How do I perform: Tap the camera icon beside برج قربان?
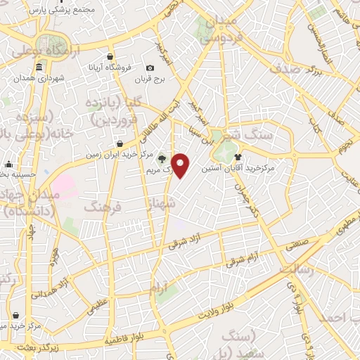[x=150, y=68]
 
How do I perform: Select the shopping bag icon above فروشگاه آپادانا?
[x=110, y=56]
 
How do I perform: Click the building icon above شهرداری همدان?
[x=37, y=68]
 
